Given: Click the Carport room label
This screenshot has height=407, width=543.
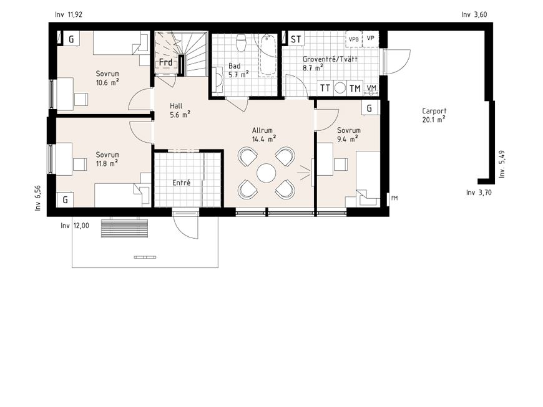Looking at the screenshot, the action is tap(434, 112).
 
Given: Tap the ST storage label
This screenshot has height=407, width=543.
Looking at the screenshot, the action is tap(296, 39).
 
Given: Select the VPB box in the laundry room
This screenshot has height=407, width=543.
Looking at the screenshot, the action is tap(353, 39).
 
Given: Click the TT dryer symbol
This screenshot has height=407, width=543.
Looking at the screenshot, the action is tap(325, 88).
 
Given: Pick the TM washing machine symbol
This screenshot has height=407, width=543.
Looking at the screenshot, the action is tap(355, 89).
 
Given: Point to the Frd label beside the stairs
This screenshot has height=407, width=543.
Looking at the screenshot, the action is tap(165, 62).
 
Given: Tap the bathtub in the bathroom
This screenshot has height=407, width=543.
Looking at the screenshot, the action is tap(267, 55).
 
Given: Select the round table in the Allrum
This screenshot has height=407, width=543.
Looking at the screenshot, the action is tap(267, 173).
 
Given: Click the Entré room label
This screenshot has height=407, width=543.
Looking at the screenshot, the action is tap(182, 183).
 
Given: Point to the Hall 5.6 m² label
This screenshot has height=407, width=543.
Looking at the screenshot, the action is tap(180, 110).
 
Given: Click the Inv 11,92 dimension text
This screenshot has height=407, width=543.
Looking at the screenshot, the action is tap(69, 14).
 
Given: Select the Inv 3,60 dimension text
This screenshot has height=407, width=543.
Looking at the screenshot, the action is tap(474, 14).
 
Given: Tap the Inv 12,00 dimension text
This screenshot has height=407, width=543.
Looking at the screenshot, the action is tap(75, 226).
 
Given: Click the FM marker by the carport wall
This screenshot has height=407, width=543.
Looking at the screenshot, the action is tap(394, 198).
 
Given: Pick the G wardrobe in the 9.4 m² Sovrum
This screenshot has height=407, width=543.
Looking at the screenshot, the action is tap(370, 108).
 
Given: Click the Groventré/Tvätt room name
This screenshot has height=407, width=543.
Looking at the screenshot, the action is tap(330, 59).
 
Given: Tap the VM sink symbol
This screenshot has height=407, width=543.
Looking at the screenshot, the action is tap(371, 89).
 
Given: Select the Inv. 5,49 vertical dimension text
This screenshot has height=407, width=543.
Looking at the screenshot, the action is tap(502, 164).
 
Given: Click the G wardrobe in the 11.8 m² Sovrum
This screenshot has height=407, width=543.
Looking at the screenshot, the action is tap(65, 200).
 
